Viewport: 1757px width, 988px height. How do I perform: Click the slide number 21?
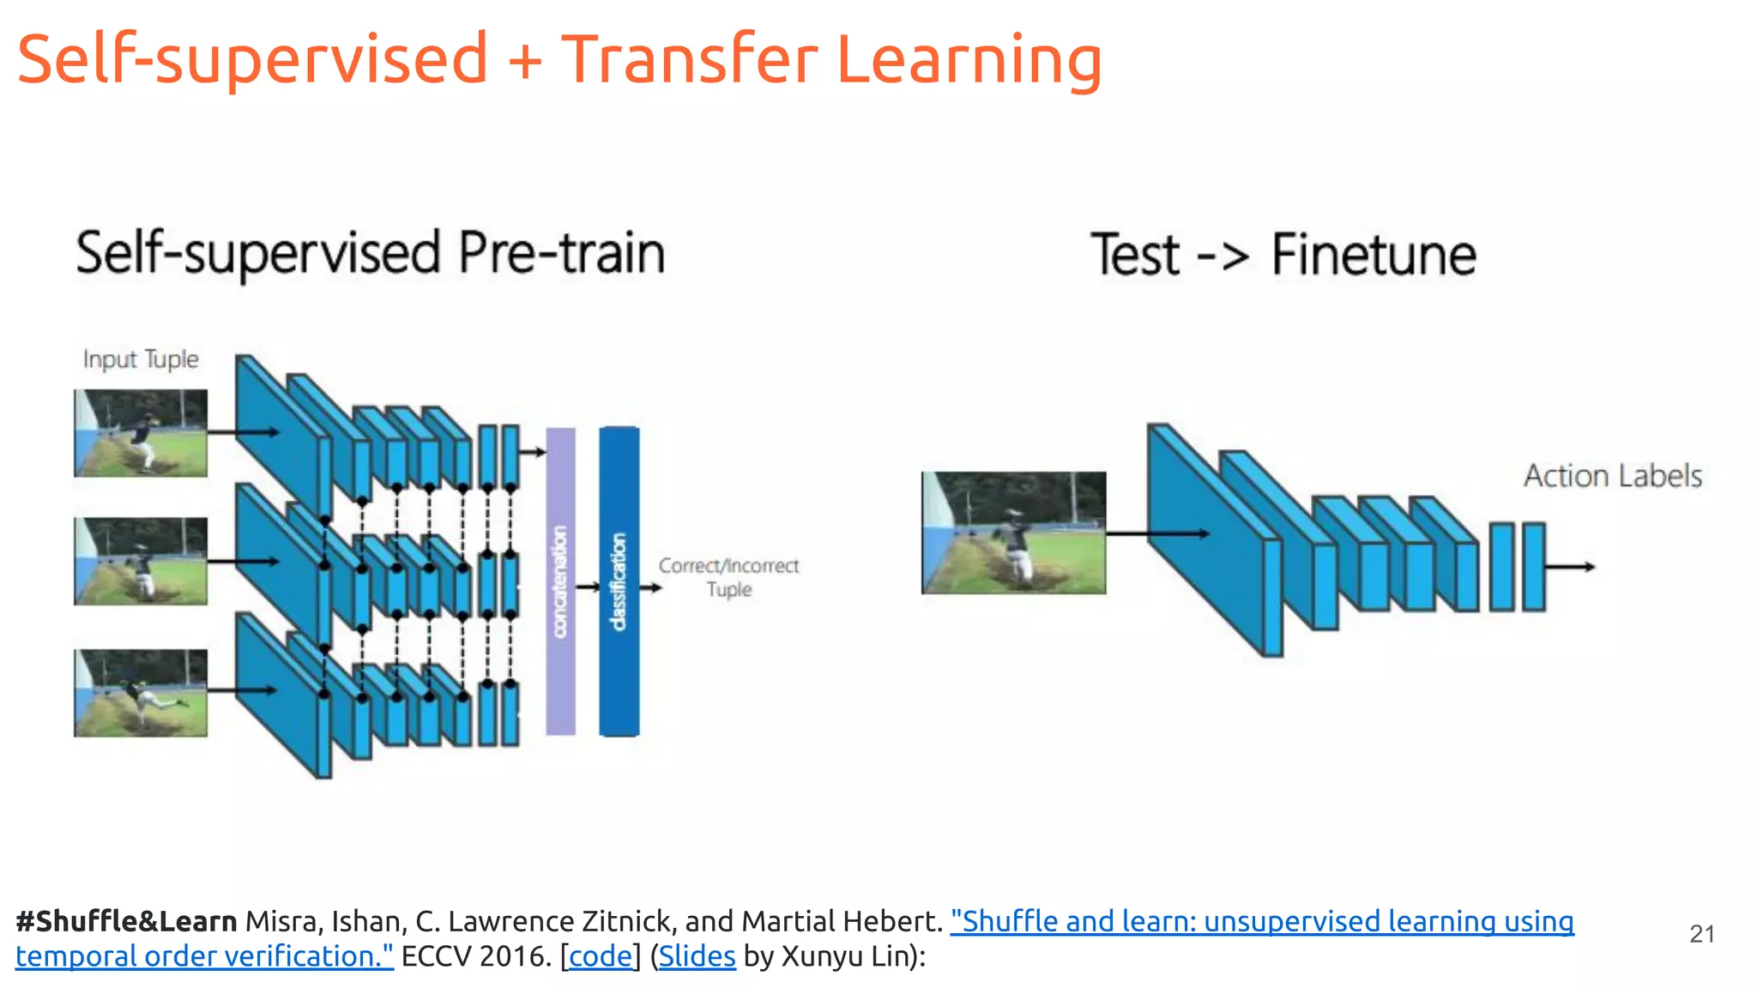(x=1701, y=934)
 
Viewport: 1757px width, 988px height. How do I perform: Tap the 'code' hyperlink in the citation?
(x=600, y=956)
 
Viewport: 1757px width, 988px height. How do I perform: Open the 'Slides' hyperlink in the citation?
(x=697, y=956)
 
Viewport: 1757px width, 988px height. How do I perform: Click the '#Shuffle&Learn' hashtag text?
(x=126, y=921)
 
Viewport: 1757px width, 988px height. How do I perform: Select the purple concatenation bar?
(x=560, y=581)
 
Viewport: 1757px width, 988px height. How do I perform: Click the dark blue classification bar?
(x=619, y=581)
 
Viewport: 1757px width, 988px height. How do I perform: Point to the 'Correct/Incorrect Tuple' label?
(x=728, y=577)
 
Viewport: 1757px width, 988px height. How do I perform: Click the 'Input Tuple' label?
(x=141, y=358)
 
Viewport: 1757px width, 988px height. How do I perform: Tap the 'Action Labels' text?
(x=1612, y=475)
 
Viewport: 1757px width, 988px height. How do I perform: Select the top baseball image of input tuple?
(x=141, y=433)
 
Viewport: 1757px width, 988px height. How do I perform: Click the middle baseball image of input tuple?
(x=141, y=561)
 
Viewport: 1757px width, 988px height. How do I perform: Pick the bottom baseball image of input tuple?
(x=141, y=692)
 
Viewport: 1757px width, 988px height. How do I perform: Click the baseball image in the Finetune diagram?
(x=1013, y=533)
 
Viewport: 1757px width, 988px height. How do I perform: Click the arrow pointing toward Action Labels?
(x=1570, y=567)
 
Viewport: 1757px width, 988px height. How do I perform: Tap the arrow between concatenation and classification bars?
(x=588, y=587)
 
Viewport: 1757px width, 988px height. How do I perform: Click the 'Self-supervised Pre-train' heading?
(x=370, y=254)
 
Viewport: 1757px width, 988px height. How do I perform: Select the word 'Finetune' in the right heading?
(x=1374, y=255)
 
